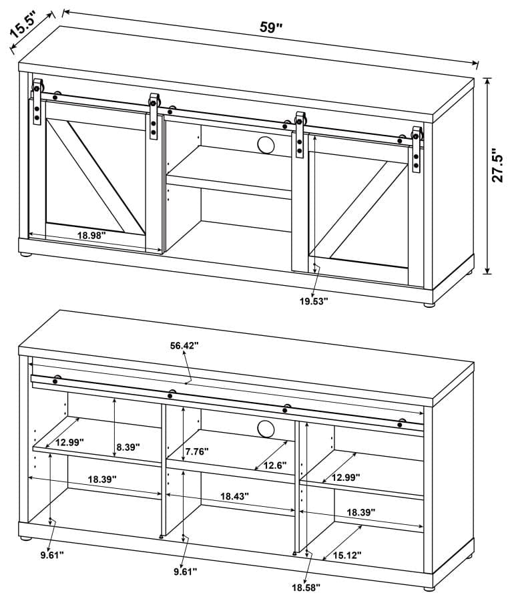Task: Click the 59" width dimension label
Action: pos(270,28)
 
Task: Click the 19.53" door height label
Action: pos(314,301)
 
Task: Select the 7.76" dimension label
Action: pos(194,451)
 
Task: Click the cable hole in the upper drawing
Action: pos(264,144)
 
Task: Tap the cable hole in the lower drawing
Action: pos(264,429)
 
